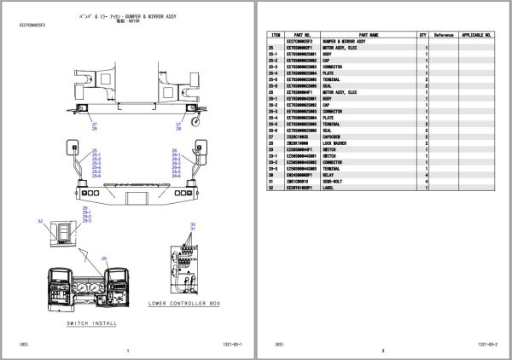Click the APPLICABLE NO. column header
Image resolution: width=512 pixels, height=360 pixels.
(476, 37)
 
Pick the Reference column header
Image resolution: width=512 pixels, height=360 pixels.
(444, 37)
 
